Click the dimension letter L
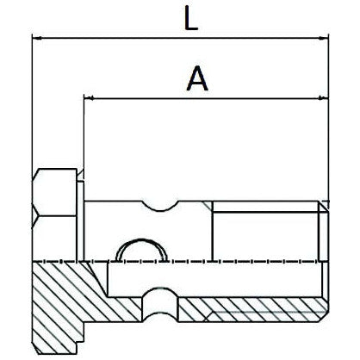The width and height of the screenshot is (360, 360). click(196, 19)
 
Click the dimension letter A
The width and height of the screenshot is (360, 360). click(197, 79)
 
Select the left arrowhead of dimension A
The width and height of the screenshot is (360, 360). click(89, 98)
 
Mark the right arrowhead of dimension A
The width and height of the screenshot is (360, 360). click(325, 98)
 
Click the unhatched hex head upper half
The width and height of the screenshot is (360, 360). click(55, 215)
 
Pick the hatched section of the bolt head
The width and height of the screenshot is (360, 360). click(60, 297)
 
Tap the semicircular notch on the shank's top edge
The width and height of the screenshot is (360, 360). click(162, 204)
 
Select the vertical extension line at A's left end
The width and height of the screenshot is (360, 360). click(84, 138)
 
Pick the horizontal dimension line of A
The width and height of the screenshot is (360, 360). click(258, 98)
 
